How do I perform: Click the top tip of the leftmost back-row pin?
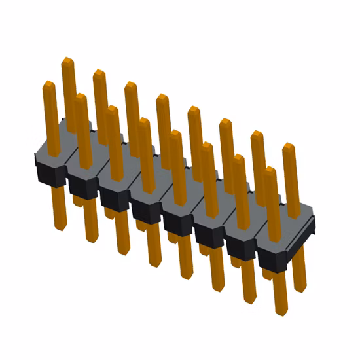(x=67, y=62)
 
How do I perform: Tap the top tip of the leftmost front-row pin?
(x=48, y=84)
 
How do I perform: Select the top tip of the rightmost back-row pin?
(x=288, y=147)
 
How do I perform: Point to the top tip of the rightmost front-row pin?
(x=271, y=171)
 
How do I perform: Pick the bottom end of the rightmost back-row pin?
(x=300, y=288)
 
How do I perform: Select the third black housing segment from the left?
(x=115, y=196)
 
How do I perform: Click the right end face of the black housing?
(x=309, y=230)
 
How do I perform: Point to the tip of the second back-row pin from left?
(x=99, y=73)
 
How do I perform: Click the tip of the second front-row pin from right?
(x=238, y=158)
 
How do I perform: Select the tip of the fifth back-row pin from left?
(x=194, y=109)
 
